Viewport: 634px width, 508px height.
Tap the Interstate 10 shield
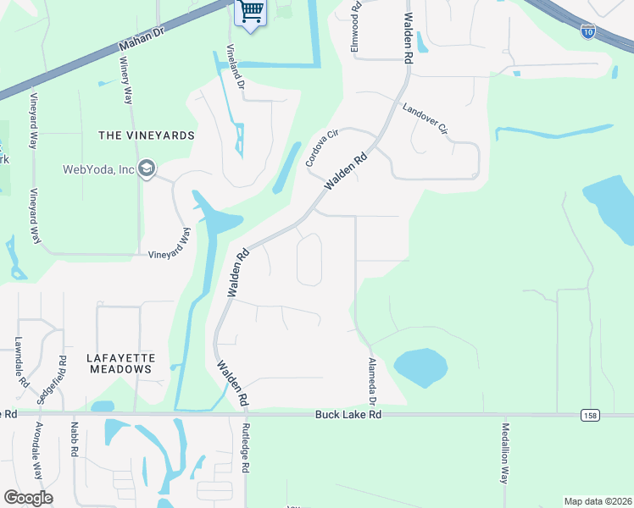point(588,31)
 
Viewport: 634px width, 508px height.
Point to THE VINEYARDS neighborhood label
point(147,135)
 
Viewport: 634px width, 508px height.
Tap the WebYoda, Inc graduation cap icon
point(147,169)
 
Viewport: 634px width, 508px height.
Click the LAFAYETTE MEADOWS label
point(120,363)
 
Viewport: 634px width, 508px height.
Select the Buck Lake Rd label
point(348,415)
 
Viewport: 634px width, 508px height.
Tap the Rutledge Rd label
point(246,448)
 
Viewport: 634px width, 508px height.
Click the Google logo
point(29,498)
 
